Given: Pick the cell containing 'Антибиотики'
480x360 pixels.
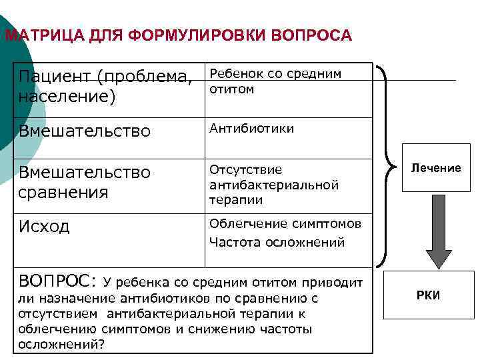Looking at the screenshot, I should (251, 128).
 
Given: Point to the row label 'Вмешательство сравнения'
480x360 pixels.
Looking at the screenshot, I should (84, 183).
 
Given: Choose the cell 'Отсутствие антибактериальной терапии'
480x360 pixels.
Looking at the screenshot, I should (274, 185).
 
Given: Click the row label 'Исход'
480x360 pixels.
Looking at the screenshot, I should (44, 227).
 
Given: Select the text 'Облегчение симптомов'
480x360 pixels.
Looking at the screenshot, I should (285, 224).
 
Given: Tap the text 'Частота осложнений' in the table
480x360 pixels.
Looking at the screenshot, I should (277, 243).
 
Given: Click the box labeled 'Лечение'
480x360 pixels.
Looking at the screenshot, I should (436, 168).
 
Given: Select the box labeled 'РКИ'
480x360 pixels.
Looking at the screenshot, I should (429, 295).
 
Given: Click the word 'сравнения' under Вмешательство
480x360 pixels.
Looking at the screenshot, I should (63, 193).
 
